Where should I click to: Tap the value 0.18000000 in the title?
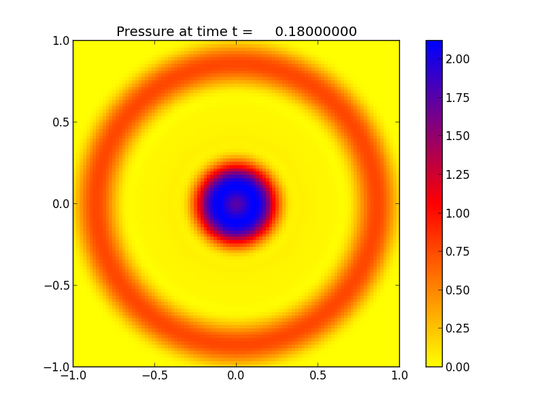(316, 32)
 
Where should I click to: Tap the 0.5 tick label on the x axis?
(318, 375)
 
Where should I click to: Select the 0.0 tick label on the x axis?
(236, 375)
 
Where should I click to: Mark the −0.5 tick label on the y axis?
(56, 286)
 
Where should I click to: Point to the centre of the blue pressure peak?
(236, 203)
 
